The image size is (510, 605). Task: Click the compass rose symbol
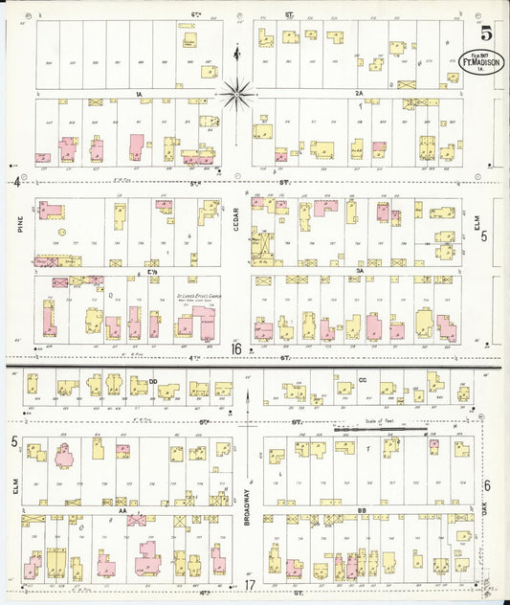(x=236, y=93)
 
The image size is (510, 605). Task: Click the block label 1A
(x=139, y=93)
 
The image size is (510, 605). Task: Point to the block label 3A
(x=361, y=271)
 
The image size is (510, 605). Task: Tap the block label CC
(x=363, y=380)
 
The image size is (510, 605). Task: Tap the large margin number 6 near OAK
(x=487, y=486)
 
